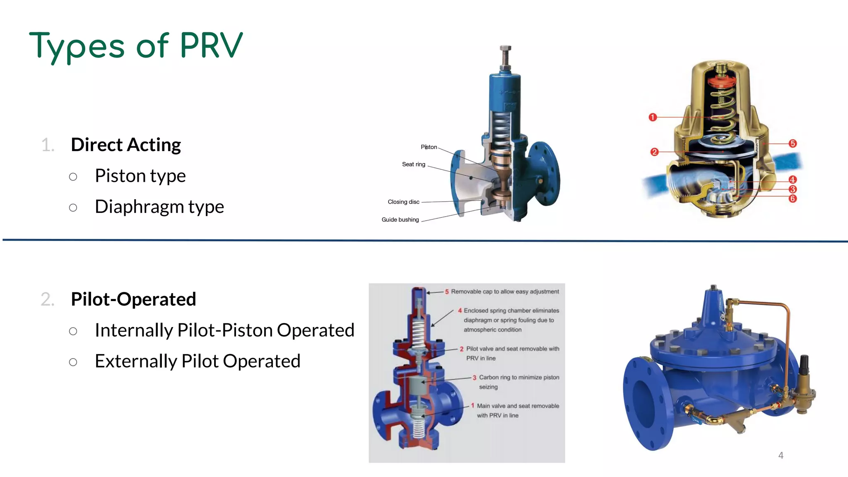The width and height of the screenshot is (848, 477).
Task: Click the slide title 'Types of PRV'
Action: (136, 46)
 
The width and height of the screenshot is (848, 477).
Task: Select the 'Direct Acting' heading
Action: (126, 145)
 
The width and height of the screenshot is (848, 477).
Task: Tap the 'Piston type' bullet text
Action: (140, 176)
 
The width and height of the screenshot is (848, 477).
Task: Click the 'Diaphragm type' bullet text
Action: (159, 207)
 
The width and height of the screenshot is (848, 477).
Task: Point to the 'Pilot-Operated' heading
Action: (133, 299)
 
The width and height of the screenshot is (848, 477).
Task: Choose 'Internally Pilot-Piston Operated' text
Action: (224, 330)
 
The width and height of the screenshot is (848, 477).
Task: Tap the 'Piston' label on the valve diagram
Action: (429, 147)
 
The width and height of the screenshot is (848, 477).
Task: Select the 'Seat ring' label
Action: (414, 164)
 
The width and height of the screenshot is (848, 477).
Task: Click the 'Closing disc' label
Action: (403, 202)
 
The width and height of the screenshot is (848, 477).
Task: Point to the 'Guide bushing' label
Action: (400, 220)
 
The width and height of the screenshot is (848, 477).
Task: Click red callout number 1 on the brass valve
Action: (653, 117)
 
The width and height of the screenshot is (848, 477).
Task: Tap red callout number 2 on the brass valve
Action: (654, 152)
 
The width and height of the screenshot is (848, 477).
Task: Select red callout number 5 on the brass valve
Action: (793, 144)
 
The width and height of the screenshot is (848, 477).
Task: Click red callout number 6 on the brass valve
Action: (793, 199)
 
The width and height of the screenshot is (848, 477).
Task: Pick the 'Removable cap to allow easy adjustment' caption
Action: (505, 292)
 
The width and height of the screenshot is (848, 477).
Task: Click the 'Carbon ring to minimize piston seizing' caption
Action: (519, 382)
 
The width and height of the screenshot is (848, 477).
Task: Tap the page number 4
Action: (781, 455)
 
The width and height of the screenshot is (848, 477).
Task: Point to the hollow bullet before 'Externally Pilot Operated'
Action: (73, 362)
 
